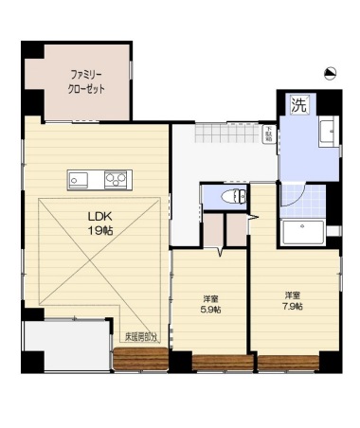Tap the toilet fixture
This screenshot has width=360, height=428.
tap(225, 197)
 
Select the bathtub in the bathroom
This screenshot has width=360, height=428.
tap(302, 232)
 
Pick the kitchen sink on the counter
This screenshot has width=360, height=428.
tap(78, 178)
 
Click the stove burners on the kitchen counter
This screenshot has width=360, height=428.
tap(116, 178)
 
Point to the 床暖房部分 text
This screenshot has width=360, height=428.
tap(143, 336)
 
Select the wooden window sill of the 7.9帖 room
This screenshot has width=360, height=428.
tap(289, 363)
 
